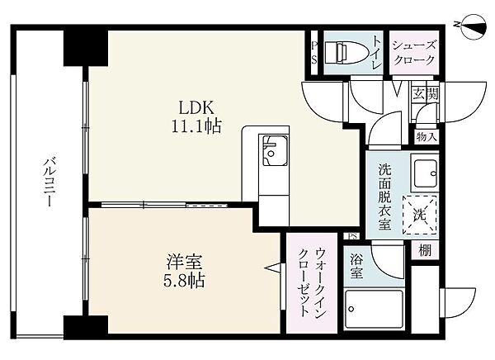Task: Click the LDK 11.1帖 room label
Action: (x=196, y=116)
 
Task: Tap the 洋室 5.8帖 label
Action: (x=184, y=271)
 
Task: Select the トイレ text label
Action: (x=377, y=52)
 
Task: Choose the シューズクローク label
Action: (x=414, y=53)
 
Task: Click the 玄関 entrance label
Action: (x=426, y=94)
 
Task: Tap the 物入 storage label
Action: (x=427, y=137)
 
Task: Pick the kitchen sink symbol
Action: (x=273, y=150)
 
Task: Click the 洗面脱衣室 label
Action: (x=384, y=197)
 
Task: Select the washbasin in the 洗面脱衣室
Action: (x=425, y=173)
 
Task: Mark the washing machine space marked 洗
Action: (x=420, y=215)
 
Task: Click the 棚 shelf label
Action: (x=425, y=251)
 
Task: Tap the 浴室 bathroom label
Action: (x=356, y=267)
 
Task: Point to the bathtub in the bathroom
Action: (x=374, y=310)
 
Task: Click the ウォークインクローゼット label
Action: (x=312, y=282)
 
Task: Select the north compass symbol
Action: (x=474, y=26)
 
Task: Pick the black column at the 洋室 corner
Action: (x=86, y=328)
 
